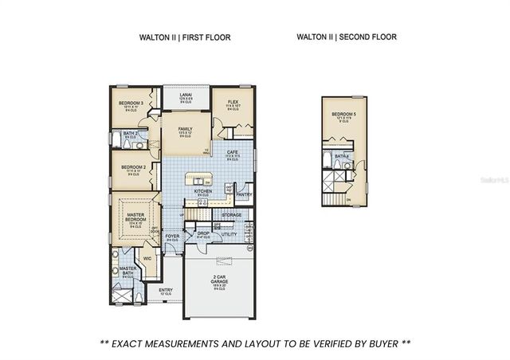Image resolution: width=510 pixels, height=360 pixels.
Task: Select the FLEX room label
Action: coord(233,102)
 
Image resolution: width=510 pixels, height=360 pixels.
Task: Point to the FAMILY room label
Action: coord(185,128)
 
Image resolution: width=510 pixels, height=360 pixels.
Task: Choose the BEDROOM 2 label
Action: coord(131,167)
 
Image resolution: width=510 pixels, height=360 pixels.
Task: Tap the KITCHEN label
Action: coord(202,191)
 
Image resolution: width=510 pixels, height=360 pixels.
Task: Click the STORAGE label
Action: coord(231,215)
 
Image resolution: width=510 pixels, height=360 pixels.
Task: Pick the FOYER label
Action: coord(172,236)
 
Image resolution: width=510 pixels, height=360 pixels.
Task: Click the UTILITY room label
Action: coord(229,235)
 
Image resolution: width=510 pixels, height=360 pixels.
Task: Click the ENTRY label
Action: coord(166,290)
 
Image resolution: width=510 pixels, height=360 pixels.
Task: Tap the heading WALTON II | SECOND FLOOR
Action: coord(346,37)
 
